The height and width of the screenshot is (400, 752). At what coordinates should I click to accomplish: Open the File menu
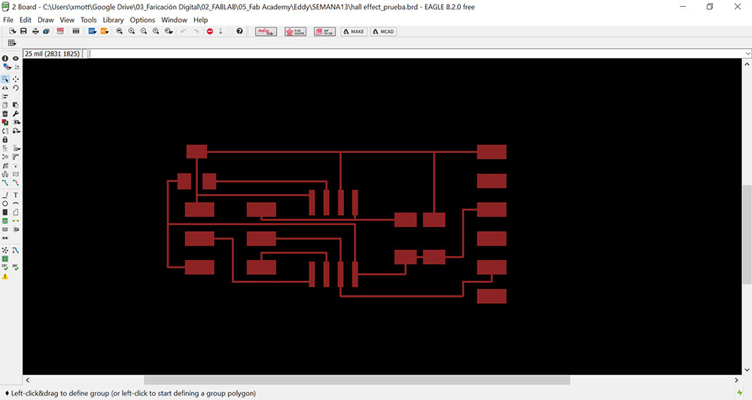(x=8, y=20)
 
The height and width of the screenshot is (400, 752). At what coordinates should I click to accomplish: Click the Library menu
(x=112, y=20)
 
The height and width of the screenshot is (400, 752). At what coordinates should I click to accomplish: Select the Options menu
(x=142, y=20)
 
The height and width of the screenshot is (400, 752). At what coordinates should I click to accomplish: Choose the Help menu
(x=200, y=20)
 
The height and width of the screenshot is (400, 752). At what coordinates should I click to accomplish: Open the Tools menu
(x=89, y=20)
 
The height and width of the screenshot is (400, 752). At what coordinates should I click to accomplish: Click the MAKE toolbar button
(x=354, y=31)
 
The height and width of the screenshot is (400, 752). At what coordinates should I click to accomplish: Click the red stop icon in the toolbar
(x=210, y=31)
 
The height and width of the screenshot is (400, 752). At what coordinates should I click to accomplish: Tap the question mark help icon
(x=240, y=31)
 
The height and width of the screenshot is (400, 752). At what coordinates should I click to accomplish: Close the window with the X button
(x=737, y=7)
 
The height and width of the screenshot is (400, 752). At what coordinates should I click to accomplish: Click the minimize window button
(x=682, y=7)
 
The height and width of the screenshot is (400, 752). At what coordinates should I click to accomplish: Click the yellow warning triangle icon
(x=5, y=276)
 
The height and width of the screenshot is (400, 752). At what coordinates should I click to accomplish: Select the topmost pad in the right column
(x=491, y=151)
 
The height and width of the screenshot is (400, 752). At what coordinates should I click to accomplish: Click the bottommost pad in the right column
(x=491, y=296)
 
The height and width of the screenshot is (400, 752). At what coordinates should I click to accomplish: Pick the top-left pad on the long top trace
(x=196, y=151)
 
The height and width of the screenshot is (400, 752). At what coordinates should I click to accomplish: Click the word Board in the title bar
(x=28, y=7)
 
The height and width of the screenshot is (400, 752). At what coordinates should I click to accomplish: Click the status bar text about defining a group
(x=134, y=393)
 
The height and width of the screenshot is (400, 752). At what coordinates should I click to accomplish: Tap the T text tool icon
(x=15, y=195)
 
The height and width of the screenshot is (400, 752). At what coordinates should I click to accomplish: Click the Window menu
(x=173, y=20)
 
